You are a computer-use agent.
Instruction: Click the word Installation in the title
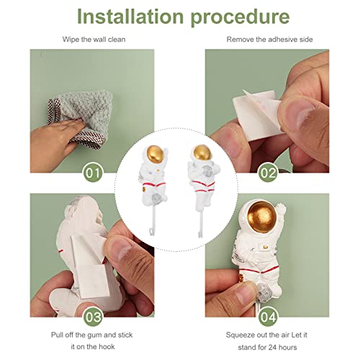click(x=130, y=17)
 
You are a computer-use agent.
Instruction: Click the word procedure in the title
click(x=240, y=18)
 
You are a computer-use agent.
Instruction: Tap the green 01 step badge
click(x=93, y=173)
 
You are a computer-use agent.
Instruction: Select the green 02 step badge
click(x=268, y=173)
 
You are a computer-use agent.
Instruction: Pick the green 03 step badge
click(x=93, y=317)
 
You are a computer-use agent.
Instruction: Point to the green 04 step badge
click(x=268, y=317)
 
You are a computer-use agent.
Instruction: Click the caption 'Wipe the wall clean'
click(x=94, y=40)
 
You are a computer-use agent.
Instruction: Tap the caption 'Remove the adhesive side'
click(x=269, y=40)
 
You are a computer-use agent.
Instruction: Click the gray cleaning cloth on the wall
click(x=81, y=119)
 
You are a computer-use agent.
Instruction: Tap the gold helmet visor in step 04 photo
click(x=261, y=217)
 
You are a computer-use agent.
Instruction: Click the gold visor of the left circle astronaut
click(x=155, y=153)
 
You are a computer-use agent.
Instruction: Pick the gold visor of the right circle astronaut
click(x=202, y=152)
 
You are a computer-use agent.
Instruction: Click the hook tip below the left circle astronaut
click(x=150, y=232)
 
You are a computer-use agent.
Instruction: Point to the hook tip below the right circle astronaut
click(x=199, y=234)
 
